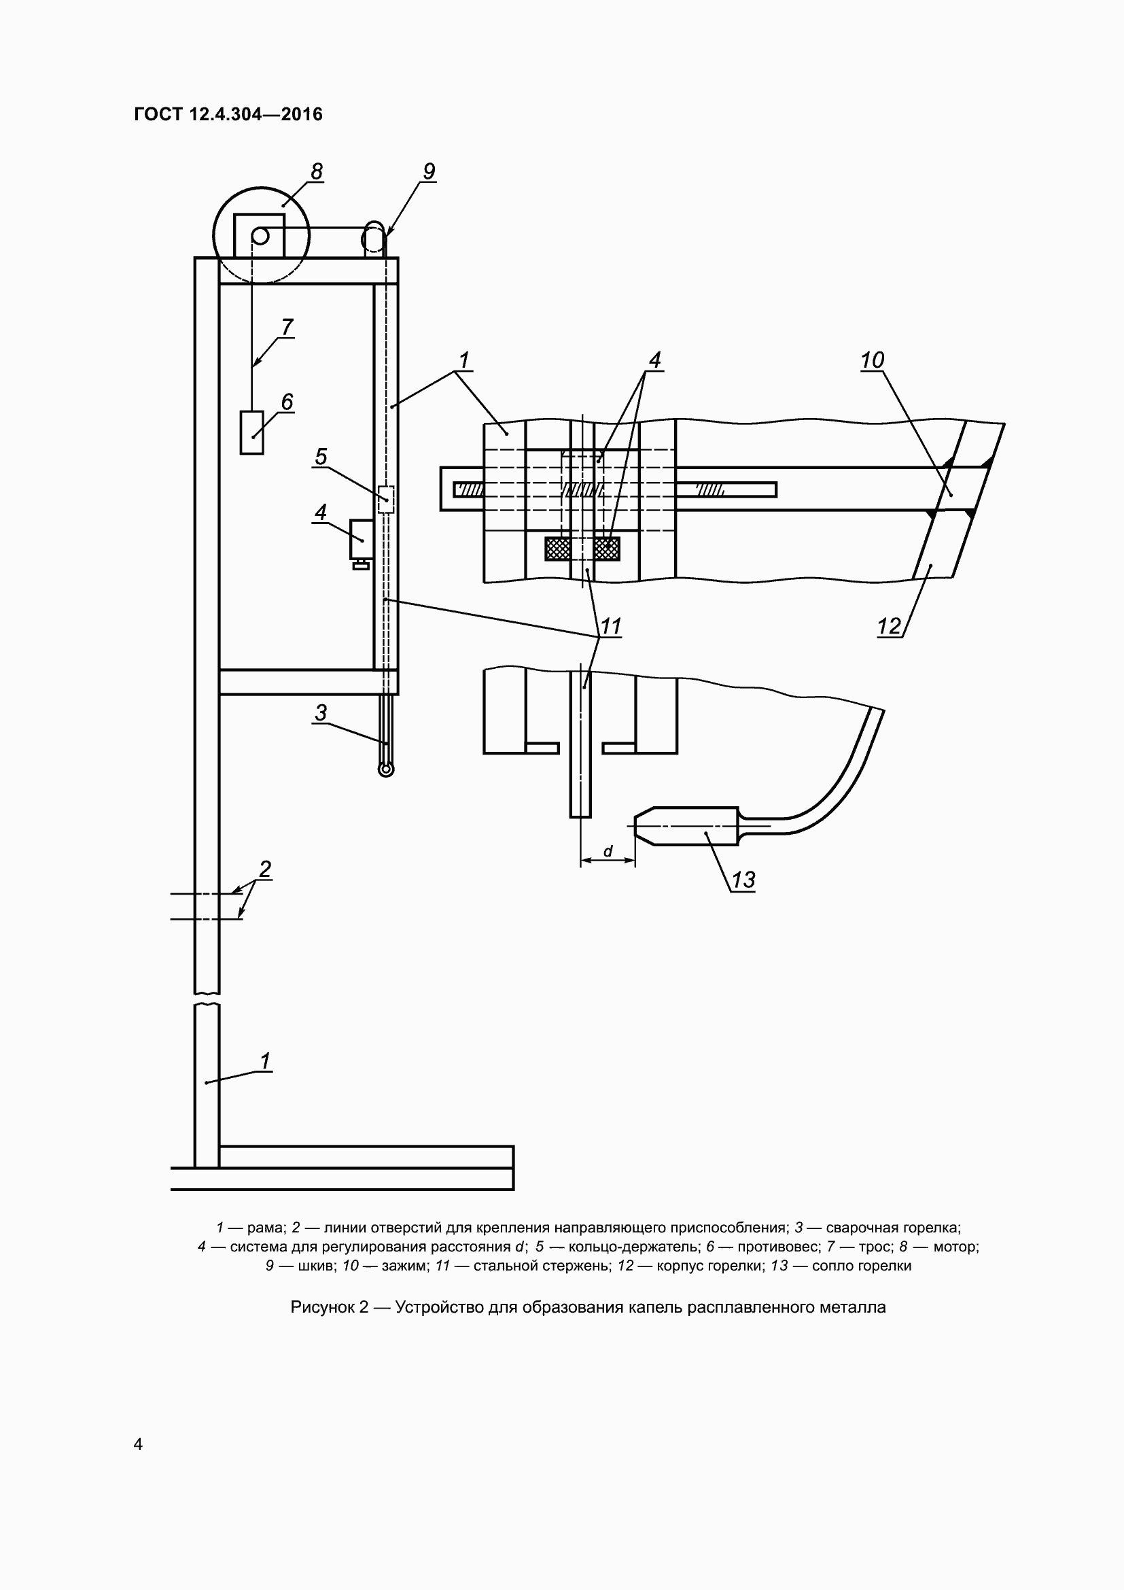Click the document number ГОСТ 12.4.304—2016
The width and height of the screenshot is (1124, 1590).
[x=228, y=114]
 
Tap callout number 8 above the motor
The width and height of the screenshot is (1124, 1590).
[x=316, y=171]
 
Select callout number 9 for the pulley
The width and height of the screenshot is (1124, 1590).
[x=428, y=171]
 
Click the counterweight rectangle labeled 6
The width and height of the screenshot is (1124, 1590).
[x=252, y=433]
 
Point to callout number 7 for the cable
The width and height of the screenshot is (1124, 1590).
[x=287, y=327]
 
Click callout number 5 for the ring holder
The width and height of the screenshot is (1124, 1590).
[x=321, y=457]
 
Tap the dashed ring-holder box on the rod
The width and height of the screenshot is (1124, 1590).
[x=386, y=500]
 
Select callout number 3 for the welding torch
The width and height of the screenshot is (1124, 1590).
[x=321, y=712]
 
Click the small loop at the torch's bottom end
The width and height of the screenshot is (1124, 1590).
[x=386, y=769]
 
